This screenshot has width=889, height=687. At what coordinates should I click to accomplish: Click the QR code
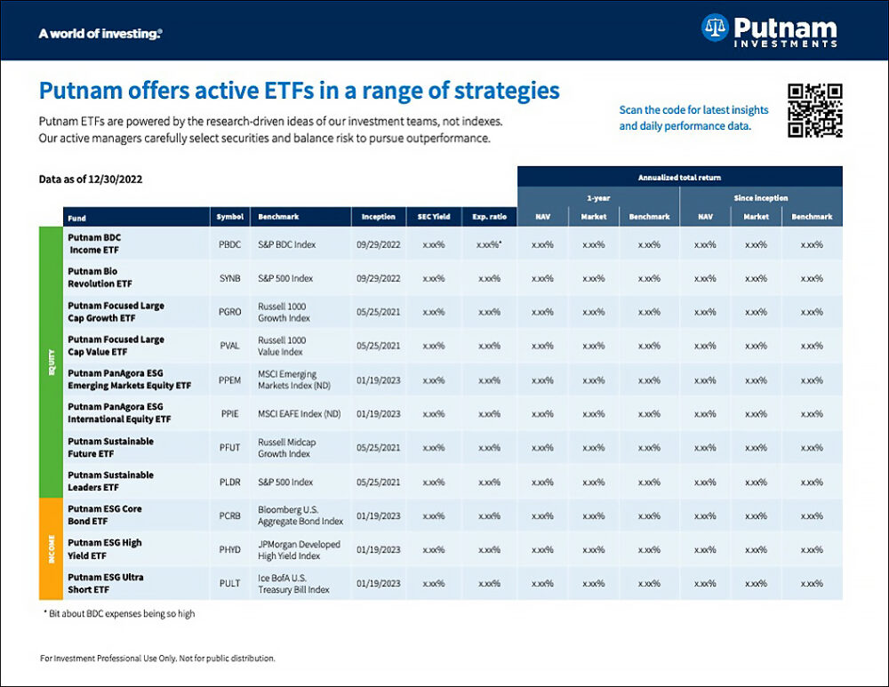[x=815, y=110]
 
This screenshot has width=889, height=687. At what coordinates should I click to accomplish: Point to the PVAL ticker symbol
[x=228, y=346]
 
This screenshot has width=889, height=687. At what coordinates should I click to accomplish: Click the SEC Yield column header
[x=433, y=217]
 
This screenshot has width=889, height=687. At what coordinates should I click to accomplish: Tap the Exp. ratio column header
[x=489, y=217]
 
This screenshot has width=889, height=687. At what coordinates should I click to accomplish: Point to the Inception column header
[x=379, y=217]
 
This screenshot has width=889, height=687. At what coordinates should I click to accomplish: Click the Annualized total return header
[x=679, y=177]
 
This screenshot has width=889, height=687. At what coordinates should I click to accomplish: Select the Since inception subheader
[x=760, y=197]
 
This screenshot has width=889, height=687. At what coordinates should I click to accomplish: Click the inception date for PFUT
[x=379, y=447]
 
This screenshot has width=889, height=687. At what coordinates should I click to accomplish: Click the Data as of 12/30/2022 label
[x=91, y=179]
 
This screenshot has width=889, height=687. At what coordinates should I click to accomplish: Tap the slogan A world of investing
[x=100, y=34]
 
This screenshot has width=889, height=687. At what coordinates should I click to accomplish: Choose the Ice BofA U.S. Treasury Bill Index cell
[x=294, y=583]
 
